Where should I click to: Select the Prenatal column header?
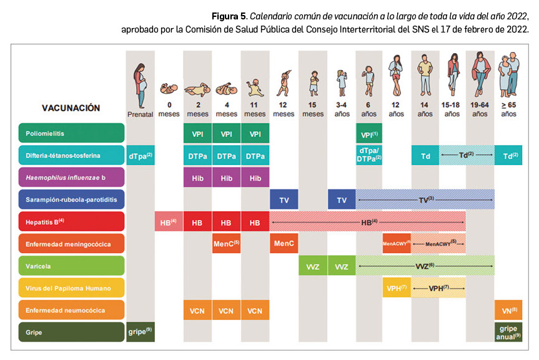[140, 114]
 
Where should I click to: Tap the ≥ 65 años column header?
[508, 111]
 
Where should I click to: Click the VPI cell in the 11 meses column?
[255, 133]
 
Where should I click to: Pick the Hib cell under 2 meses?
[197, 177]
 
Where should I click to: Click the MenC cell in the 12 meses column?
[284, 244]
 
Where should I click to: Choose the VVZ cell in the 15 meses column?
[313, 266]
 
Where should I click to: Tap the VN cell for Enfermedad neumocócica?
[508, 310]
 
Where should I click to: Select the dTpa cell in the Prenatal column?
[140, 155]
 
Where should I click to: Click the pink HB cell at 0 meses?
[169, 222]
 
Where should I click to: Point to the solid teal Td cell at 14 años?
[425, 155]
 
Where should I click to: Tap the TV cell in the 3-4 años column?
[342, 199]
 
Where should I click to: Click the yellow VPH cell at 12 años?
[396, 288]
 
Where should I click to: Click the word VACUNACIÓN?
[71, 108]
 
